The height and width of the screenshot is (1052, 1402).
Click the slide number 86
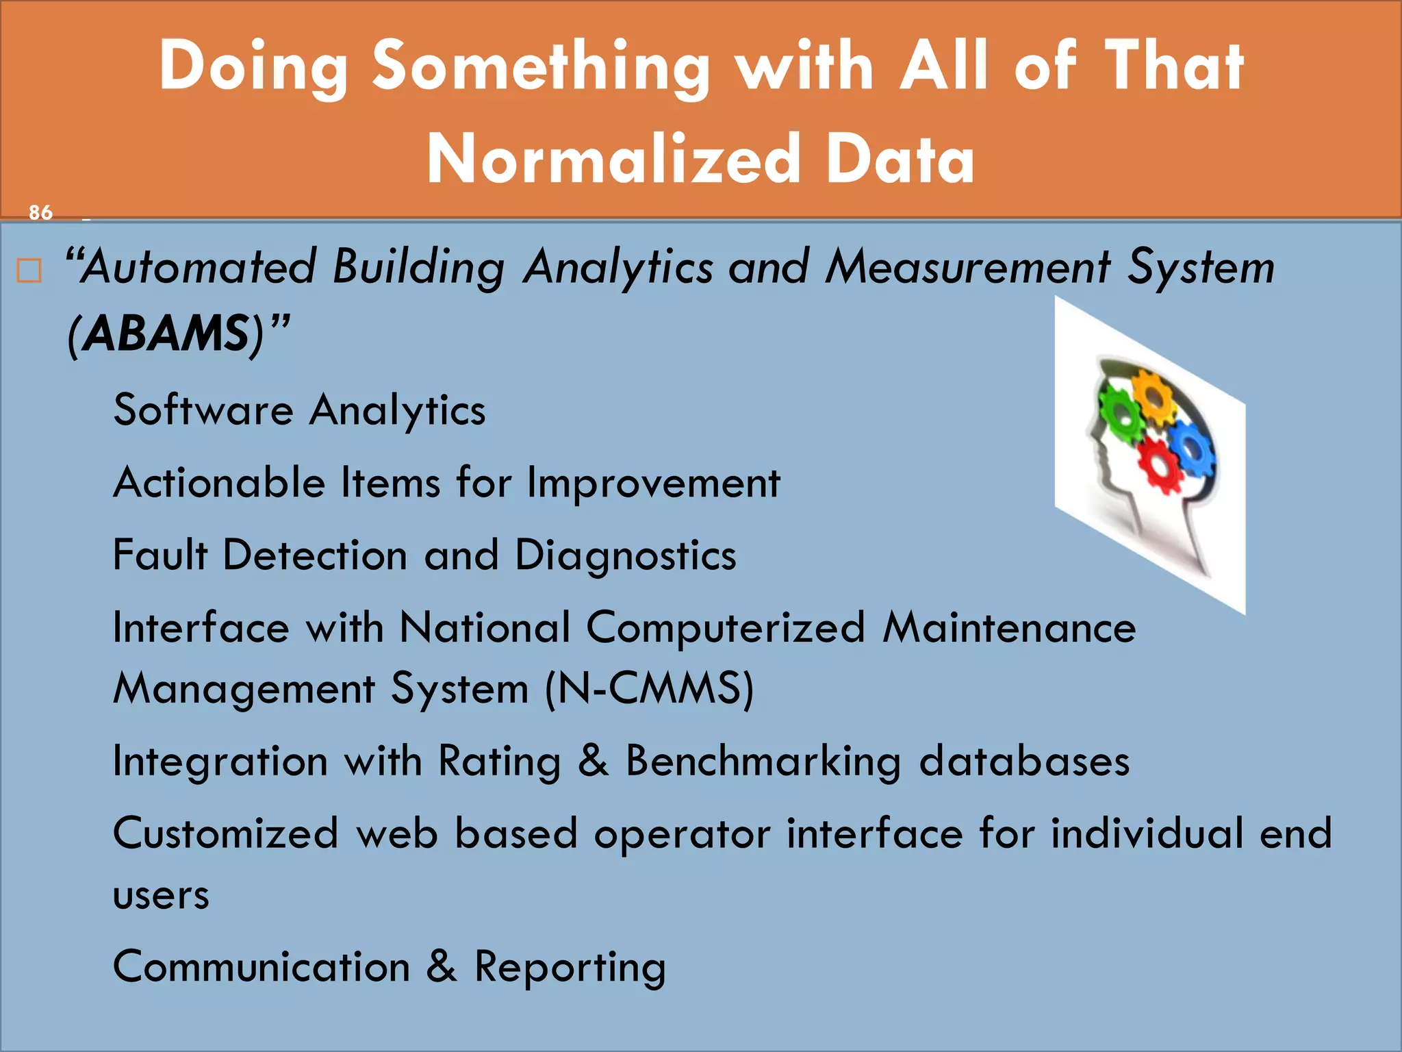pyautogui.click(x=40, y=212)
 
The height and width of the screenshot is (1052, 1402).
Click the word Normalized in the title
pyautogui.click(x=613, y=160)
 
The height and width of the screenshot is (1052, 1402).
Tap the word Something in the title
pyautogui.click(x=541, y=66)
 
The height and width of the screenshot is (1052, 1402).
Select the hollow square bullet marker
pyautogui.click(x=29, y=271)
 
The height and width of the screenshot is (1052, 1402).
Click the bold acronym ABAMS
pyautogui.click(x=167, y=334)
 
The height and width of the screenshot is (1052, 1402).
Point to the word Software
pyautogui.click(x=203, y=410)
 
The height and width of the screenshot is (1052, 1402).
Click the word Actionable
pyautogui.click(x=219, y=483)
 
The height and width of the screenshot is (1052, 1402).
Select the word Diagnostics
pyautogui.click(x=625, y=555)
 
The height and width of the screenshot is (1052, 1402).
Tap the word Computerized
pyautogui.click(x=726, y=627)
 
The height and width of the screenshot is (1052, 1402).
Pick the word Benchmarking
pyautogui.click(x=763, y=762)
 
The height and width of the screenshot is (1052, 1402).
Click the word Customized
pyautogui.click(x=226, y=834)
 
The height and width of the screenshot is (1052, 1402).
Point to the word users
pyautogui.click(x=161, y=895)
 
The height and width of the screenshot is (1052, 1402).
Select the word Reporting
pyautogui.click(x=570, y=967)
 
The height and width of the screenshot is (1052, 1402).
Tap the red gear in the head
pyautogui.click(x=1159, y=465)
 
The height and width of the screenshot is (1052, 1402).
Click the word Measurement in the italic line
pyautogui.click(x=967, y=267)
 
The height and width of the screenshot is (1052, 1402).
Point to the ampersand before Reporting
pyautogui.click(x=442, y=966)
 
